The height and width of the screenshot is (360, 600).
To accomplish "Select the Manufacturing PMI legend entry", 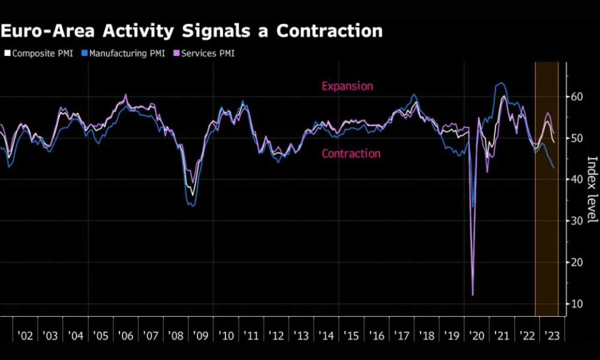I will [x=122, y=53].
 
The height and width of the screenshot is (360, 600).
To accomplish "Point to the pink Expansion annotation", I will [x=347, y=86].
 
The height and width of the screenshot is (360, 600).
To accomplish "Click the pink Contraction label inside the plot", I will [x=351, y=154].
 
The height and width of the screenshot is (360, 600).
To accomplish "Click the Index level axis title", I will [x=592, y=188].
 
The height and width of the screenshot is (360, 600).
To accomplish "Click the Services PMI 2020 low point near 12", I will [x=473, y=295].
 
